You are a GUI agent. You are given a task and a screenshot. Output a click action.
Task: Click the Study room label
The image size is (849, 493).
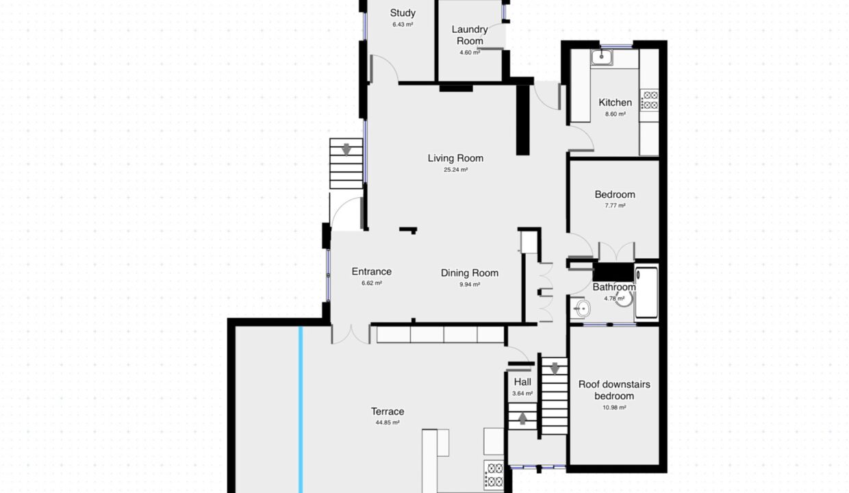click(403, 13)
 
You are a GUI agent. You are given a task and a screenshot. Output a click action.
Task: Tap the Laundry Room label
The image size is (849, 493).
click(470, 35)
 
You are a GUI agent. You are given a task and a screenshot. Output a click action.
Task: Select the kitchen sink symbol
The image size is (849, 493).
click(602, 58)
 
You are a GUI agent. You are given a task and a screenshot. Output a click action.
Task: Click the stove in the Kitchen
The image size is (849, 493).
click(649, 100)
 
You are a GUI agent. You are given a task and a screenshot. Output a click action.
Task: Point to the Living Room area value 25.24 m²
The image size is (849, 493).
click(455, 170)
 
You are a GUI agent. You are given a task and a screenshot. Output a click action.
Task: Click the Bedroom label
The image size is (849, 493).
click(615, 194)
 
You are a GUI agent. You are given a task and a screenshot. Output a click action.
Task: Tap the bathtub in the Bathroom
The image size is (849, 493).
click(646, 292)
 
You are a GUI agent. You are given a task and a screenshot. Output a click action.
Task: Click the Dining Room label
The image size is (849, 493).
click(470, 273)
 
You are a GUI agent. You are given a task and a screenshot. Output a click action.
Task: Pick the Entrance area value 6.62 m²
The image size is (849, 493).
click(371, 283)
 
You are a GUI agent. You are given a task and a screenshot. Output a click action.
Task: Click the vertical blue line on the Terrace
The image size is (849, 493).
click(301, 409)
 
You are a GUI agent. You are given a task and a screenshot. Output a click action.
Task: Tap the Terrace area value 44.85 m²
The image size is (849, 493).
click(388, 422)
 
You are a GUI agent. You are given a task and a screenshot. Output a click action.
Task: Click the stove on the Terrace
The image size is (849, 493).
click(494, 475)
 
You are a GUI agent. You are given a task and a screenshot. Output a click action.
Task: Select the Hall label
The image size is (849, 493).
click(522, 381)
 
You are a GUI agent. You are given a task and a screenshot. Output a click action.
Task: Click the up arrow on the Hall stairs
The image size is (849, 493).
click(522, 418)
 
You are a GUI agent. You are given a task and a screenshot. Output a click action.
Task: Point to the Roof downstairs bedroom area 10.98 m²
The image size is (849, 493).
click(614, 407)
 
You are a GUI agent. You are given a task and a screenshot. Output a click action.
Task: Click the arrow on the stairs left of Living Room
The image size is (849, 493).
click(346, 149)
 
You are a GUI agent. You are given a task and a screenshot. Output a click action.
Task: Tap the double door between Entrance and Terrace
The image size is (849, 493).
click(351, 334)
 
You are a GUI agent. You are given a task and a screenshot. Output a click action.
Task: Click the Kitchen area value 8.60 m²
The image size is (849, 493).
click(615, 114)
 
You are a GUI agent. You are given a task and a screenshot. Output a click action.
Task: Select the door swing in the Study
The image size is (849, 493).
click(384, 68)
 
